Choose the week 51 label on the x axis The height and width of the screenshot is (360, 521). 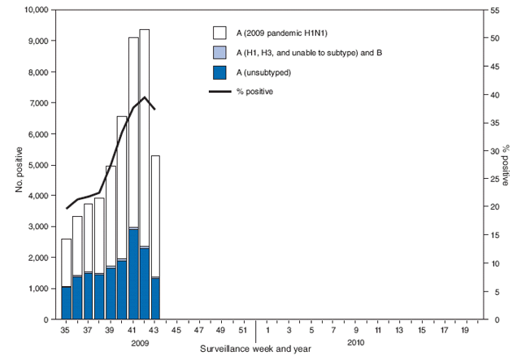tap(243, 332)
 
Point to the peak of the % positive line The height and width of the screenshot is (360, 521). tap(145, 98)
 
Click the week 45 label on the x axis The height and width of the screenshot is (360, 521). tap(176, 332)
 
